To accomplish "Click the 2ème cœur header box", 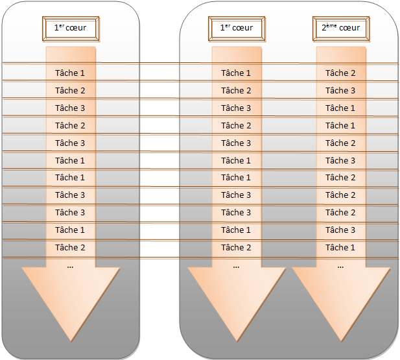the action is click(x=341, y=29).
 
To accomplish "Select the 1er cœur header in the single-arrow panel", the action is click(x=71, y=29).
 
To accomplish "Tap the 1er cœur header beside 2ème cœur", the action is click(x=237, y=29).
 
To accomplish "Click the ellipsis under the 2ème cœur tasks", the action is click(x=340, y=267).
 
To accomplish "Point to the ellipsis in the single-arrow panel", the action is click(x=70, y=267).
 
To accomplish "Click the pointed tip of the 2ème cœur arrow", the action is click(x=341, y=341).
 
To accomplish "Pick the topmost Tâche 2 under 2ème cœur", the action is click(x=340, y=73).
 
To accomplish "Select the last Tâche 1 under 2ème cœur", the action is click(x=340, y=247).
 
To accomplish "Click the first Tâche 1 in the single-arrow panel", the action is click(x=70, y=73).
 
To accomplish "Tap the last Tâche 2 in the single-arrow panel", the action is click(x=70, y=247).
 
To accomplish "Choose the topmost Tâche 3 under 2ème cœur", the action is click(x=340, y=90).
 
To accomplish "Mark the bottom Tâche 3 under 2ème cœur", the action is click(x=340, y=230).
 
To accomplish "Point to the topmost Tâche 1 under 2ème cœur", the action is click(x=340, y=108).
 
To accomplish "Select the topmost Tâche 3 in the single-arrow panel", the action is click(x=70, y=108).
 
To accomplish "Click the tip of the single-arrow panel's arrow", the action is click(x=71, y=341).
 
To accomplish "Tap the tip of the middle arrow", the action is click(x=237, y=341).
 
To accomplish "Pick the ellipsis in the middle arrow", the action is click(x=236, y=267).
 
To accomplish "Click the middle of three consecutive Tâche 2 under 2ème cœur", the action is click(x=340, y=195).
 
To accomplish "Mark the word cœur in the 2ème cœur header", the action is click(x=349, y=28).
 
